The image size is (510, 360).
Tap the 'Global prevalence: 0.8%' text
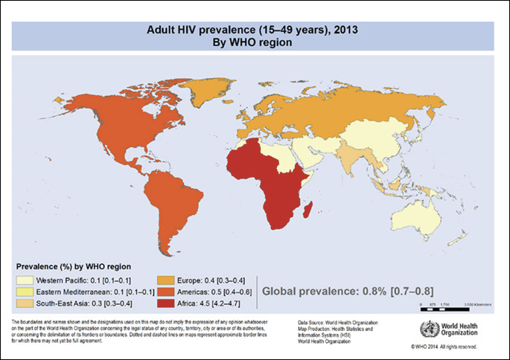point(327,290)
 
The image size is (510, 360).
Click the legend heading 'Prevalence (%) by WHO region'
point(74,266)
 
